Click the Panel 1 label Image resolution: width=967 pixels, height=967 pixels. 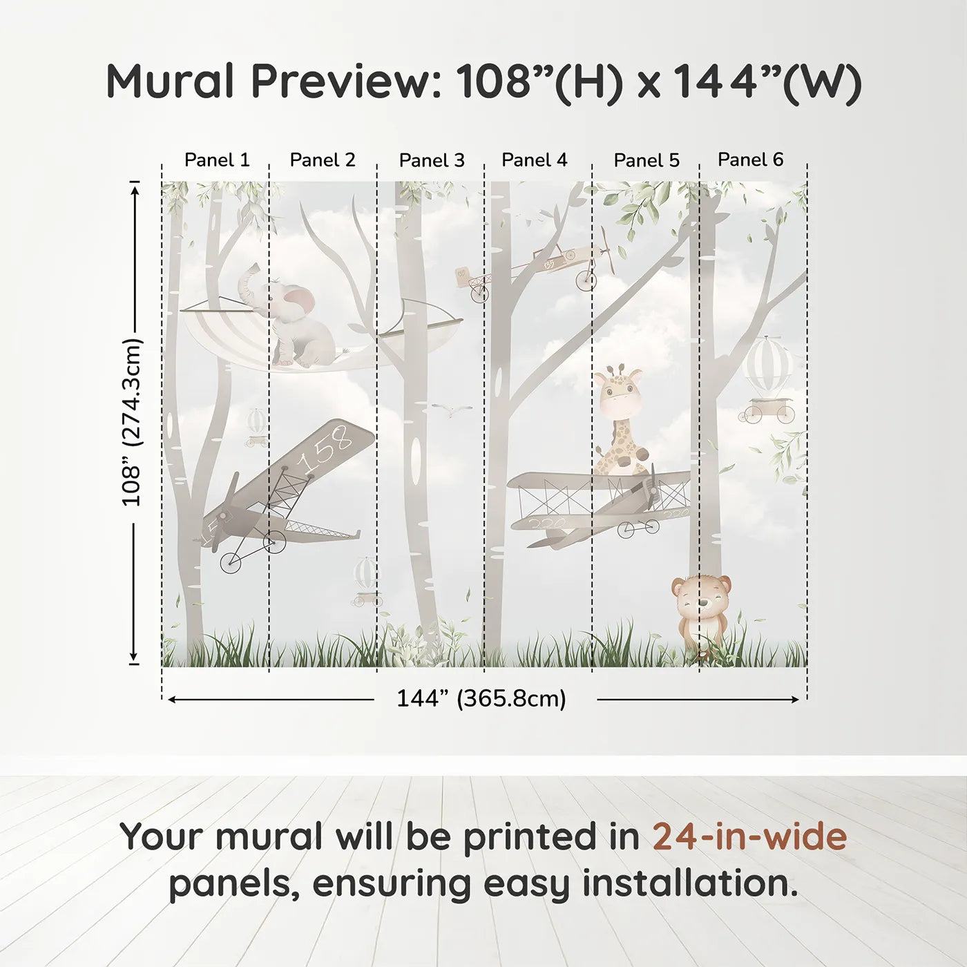[x=216, y=160]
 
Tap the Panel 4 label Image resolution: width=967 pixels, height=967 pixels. [x=534, y=160]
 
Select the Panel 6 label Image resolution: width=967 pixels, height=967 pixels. [x=750, y=160]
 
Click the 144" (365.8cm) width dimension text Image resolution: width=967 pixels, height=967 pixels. [x=481, y=698]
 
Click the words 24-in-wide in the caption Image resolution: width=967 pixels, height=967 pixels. [x=749, y=836]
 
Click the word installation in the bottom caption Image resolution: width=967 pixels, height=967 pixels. [x=689, y=883]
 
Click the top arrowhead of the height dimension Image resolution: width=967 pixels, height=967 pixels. [x=135, y=187]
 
